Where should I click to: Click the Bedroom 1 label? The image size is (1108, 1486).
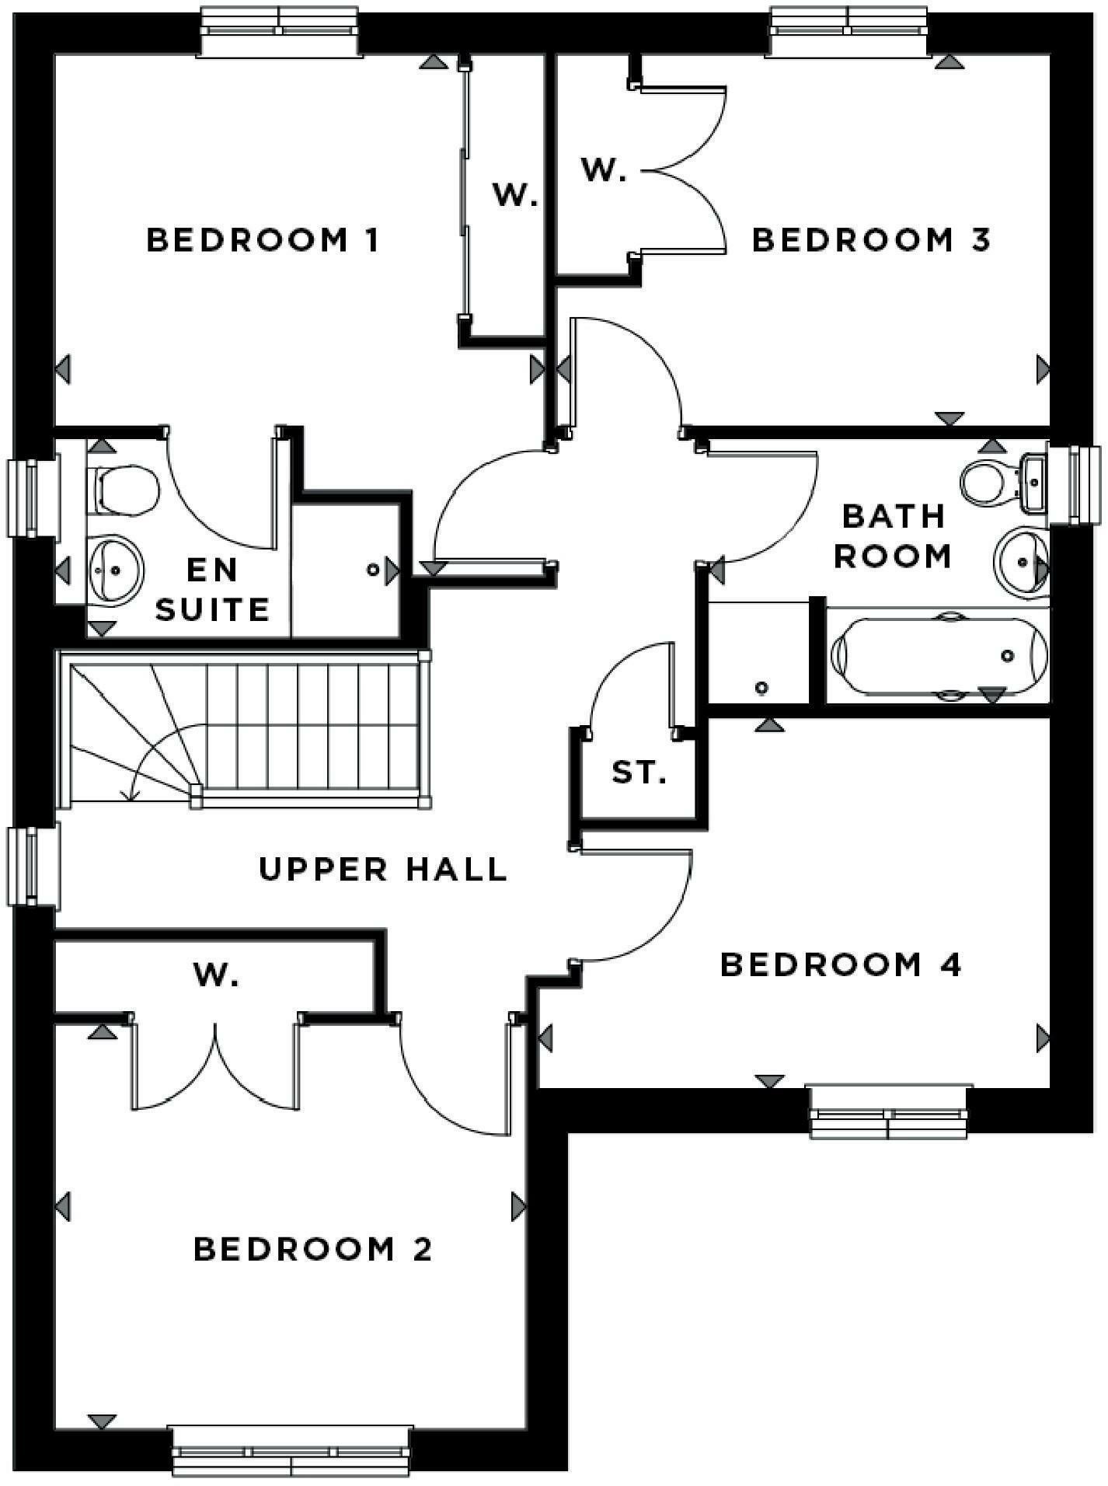coord(263,240)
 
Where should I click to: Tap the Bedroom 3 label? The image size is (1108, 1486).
coord(871,240)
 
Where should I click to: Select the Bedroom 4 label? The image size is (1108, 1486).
coord(841,965)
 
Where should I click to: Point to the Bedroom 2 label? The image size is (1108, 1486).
coord(312,1250)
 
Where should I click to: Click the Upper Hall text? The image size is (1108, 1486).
coord(382,869)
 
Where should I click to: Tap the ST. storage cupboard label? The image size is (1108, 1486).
coord(639,773)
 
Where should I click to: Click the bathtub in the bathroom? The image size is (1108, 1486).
coord(938,656)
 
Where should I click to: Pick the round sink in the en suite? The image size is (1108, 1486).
coord(115,570)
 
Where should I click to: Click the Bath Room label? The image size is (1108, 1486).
coord(893,535)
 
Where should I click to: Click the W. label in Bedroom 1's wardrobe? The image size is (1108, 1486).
coord(514,196)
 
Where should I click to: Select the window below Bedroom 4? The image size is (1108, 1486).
coord(889,1112)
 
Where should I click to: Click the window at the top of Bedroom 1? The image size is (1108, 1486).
coord(280,31)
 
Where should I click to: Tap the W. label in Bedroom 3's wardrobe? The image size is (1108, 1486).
coord(603,169)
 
